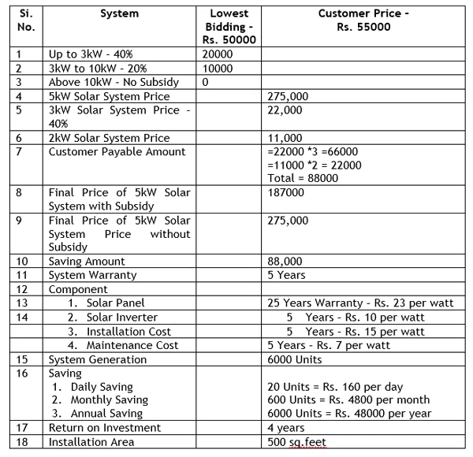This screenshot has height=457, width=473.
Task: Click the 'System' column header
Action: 119,13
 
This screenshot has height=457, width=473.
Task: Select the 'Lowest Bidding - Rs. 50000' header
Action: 230,27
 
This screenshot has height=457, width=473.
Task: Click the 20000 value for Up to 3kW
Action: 218,54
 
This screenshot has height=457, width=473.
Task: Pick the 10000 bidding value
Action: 218,69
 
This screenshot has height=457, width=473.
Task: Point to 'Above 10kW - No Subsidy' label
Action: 114,82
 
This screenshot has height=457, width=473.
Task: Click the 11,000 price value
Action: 286,137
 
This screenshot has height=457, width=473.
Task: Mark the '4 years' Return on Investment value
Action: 288,428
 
